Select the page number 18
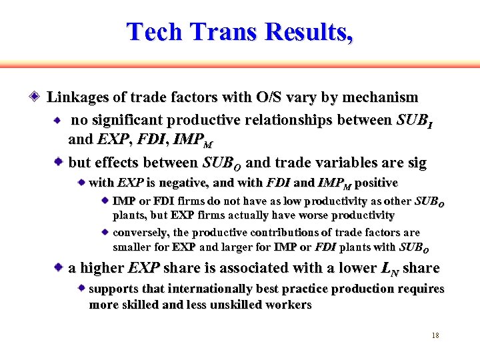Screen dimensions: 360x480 [x=435, y=335]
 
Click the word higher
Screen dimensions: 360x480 [x=101, y=268]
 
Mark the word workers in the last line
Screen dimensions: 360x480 [x=287, y=305]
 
